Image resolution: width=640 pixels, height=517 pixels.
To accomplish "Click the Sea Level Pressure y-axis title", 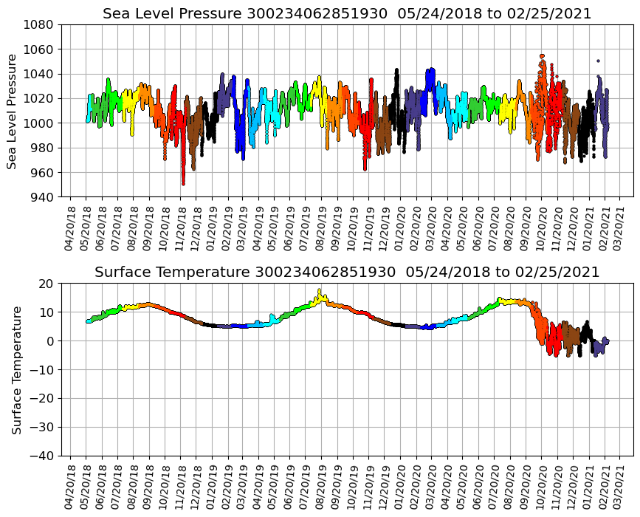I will tap(13, 111).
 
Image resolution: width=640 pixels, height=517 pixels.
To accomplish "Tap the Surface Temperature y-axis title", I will tap(16, 369).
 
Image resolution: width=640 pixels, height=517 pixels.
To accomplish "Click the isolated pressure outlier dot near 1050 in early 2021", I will tap(598, 61).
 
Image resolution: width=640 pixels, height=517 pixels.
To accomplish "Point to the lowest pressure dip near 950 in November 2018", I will tap(183, 183).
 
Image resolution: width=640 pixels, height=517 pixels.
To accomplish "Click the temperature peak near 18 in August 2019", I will tap(320, 290).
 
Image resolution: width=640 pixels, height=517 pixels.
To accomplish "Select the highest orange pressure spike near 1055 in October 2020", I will tap(542, 55).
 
